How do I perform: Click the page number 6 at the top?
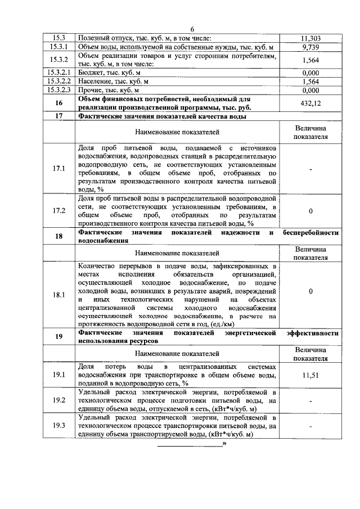click(x=192, y=29)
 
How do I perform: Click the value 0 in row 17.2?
click(x=310, y=211)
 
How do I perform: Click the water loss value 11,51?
click(x=310, y=375)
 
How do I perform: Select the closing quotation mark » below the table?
click(x=224, y=444)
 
